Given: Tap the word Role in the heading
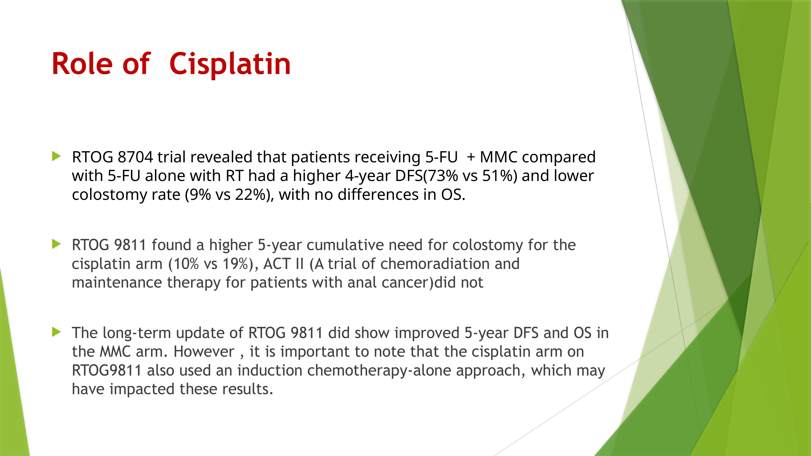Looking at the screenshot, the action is click(82, 64).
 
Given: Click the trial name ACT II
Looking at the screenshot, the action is click(283, 264).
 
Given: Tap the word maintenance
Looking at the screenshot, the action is click(117, 282).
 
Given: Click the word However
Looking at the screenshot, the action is click(204, 351).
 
